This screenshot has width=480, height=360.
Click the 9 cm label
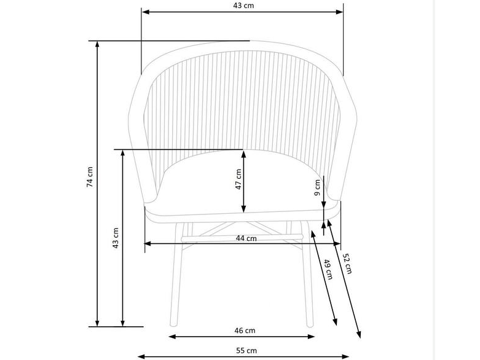(318, 187)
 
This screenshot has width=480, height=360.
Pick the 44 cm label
(246, 238)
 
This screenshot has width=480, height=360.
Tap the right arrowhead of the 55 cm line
(352, 356)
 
